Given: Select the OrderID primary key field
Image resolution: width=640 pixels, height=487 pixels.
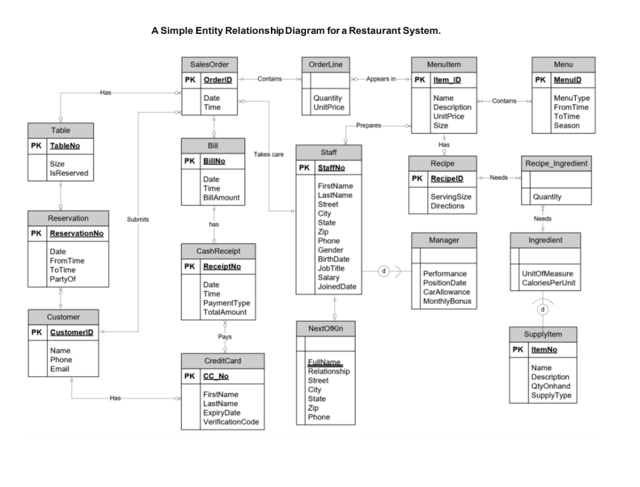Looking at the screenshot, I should pyautogui.click(x=217, y=80).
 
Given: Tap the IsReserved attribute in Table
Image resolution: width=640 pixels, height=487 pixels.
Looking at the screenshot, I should pyautogui.click(x=68, y=173).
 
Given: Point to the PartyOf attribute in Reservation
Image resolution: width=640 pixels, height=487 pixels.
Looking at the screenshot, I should pyautogui.click(x=62, y=279).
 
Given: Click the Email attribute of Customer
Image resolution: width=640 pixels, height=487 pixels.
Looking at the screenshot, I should pyautogui.click(x=59, y=369).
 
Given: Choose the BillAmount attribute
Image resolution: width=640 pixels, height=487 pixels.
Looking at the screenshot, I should pyautogui.click(x=221, y=198).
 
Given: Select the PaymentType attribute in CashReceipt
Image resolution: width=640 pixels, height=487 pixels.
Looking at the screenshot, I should pyautogui.click(x=226, y=303).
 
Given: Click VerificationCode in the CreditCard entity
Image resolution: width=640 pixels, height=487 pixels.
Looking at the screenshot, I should pyautogui.click(x=230, y=422).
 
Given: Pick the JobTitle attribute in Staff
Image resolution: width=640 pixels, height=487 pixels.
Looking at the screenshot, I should pyautogui.click(x=331, y=269).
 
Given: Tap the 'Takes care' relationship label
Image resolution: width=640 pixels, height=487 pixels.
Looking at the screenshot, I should pyautogui.click(x=268, y=155).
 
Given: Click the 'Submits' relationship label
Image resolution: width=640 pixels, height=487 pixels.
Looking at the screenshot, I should pyautogui.click(x=137, y=219).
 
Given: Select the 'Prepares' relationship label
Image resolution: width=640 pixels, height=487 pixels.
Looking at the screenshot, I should pyautogui.click(x=369, y=125).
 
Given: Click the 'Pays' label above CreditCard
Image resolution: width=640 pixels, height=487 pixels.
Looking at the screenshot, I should pyautogui.click(x=224, y=337).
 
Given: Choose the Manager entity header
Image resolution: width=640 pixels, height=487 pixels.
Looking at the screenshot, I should pyautogui.click(x=443, y=240).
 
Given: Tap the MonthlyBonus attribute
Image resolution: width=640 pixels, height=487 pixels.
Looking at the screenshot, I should pyautogui.click(x=447, y=301).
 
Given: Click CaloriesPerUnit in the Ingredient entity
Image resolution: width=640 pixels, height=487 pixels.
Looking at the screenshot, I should pyautogui.click(x=548, y=283).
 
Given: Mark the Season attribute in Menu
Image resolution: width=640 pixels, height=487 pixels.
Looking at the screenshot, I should pyautogui.click(x=566, y=125).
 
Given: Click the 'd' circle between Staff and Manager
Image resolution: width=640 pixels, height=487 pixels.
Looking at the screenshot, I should pyautogui.click(x=383, y=271).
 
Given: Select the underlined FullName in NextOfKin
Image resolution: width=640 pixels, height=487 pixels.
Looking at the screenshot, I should pyautogui.click(x=325, y=362).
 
